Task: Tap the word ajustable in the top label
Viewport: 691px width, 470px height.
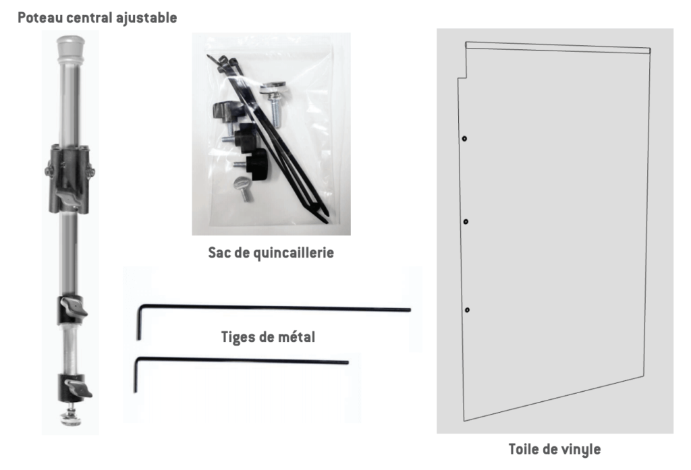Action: (x=146, y=18)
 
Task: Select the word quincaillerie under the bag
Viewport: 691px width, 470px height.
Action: (x=294, y=253)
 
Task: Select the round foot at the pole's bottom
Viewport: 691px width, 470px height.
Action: (x=71, y=417)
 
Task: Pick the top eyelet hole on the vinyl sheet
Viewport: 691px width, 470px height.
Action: (x=464, y=139)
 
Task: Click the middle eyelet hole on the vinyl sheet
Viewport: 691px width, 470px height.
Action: (x=466, y=222)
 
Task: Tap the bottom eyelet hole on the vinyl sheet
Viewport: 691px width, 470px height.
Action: (x=467, y=310)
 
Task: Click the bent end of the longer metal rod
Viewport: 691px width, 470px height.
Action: (x=139, y=322)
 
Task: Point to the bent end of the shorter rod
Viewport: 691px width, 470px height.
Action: (x=136, y=375)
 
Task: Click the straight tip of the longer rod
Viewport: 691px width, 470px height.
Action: (x=410, y=310)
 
